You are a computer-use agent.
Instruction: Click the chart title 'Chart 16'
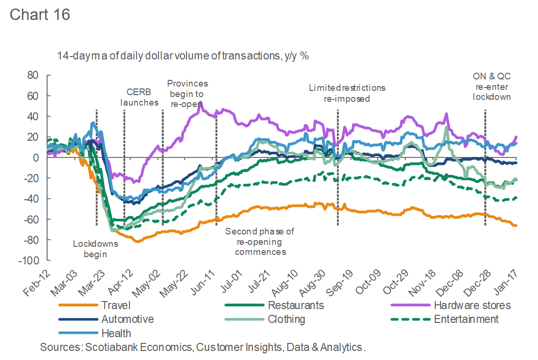[40, 15]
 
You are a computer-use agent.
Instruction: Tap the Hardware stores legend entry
[472, 305]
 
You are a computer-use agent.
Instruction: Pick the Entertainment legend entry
[466, 319]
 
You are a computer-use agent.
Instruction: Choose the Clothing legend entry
[286, 319]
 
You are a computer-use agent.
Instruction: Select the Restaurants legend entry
[296, 305]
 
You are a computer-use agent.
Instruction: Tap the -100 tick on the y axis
[29, 261]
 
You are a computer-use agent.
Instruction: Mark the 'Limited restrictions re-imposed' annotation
[347, 93]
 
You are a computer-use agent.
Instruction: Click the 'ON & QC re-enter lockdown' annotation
[491, 87]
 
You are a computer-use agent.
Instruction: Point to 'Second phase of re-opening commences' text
[260, 242]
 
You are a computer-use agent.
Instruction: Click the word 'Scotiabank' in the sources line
[108, 347]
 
